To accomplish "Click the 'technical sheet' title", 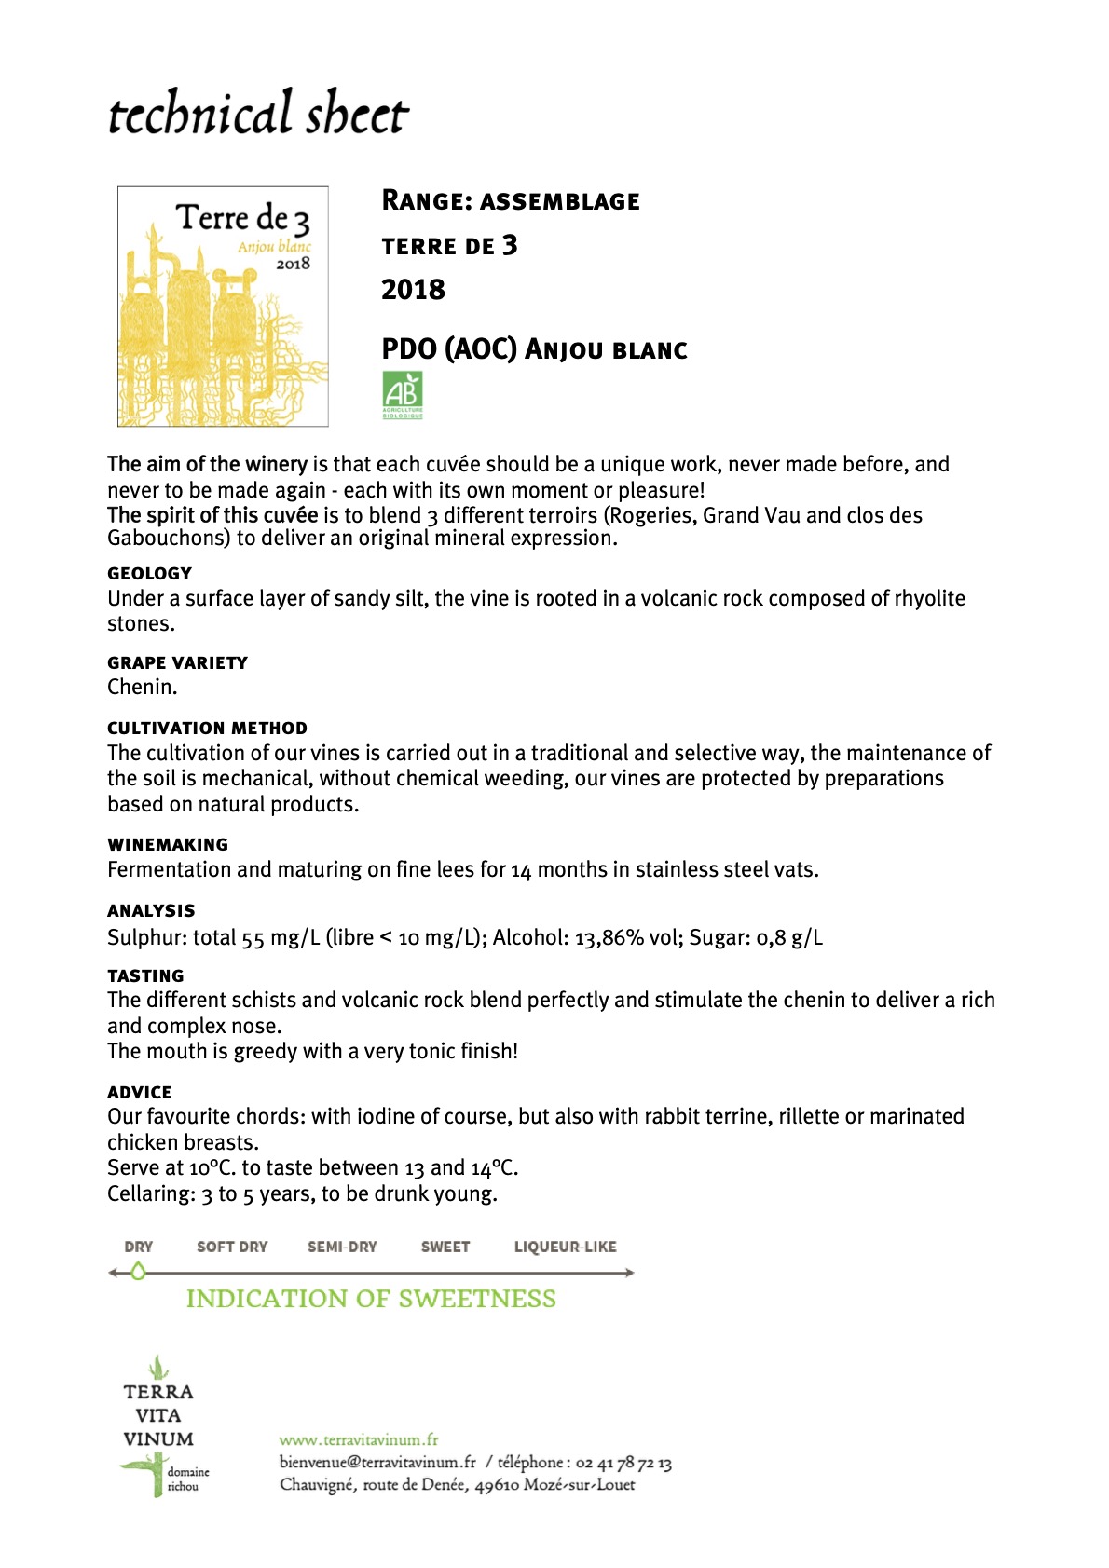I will tap(258, 114).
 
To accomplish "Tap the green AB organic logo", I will tap(403, 395).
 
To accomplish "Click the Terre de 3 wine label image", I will tap(223, 307).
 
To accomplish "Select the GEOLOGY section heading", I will tap(149, 573).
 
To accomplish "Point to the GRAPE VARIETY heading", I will tap(177, 662).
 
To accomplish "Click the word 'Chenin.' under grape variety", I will tap(142, 688).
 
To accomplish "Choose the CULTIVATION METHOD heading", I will tap(207, 728).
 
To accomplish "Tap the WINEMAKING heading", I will tap(168, 844).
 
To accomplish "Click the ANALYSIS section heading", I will tap(151, 910).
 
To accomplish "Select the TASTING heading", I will tap(145, 975).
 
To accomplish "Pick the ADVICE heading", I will tap(140, 1092).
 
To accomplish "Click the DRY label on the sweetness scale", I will tap(138, 1247).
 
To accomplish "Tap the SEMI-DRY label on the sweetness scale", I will tap(342, 1247).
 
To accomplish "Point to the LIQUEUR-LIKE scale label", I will tap(565, 1247).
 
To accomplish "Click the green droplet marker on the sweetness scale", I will tap(138, 1271).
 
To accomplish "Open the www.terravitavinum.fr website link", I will tap(359, 1439).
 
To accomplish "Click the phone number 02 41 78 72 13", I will tap(623, 1463).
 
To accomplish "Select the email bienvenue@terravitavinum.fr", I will tap(377, 1463).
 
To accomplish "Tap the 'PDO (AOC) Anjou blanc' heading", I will tap(534, 349).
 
